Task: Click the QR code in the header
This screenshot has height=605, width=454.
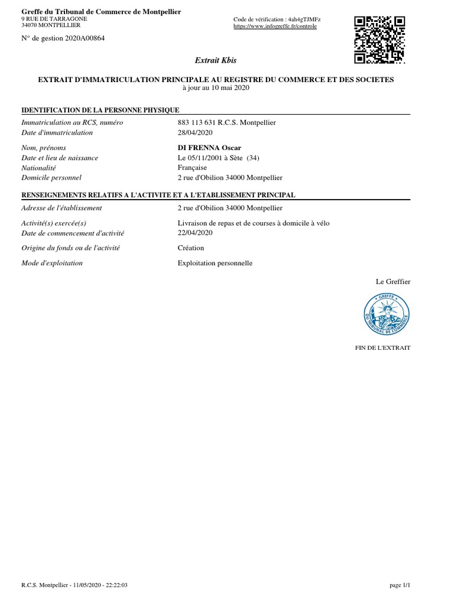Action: click(379, 39)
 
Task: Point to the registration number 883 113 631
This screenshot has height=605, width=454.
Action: click(197, 122)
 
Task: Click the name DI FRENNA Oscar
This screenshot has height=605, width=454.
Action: click(209, 147)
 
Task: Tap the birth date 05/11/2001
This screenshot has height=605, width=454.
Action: click(204, 158)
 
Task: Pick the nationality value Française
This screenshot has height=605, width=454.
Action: click(192, 167)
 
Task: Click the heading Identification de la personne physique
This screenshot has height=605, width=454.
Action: click(100, 110)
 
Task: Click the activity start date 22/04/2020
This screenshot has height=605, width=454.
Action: click(194, 232)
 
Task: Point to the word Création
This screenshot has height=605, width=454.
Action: click(190, 248)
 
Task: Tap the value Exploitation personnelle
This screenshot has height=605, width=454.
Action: click(215, 263)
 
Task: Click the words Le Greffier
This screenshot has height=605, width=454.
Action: click(393, 281)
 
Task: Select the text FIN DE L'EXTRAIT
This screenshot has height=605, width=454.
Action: click(382, 347)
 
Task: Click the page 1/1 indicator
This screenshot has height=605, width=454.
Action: click(400, 585)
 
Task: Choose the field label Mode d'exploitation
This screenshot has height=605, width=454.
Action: click(52, 263)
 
